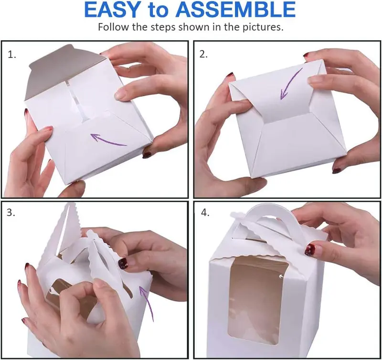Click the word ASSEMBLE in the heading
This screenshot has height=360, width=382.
click(x=235, y=10)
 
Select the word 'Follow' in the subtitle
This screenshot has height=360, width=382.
click(x=114, y=27)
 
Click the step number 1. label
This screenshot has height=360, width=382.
click(x=11, y=55)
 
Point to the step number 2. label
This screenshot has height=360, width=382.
click(x=203, y=54)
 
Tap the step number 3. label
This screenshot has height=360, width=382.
click(x=11, y=212)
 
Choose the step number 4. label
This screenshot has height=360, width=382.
click(x=205, y=212)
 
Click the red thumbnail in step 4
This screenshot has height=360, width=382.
click(x=310, y=250)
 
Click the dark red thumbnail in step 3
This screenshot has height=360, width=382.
click(x=123, y=264)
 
